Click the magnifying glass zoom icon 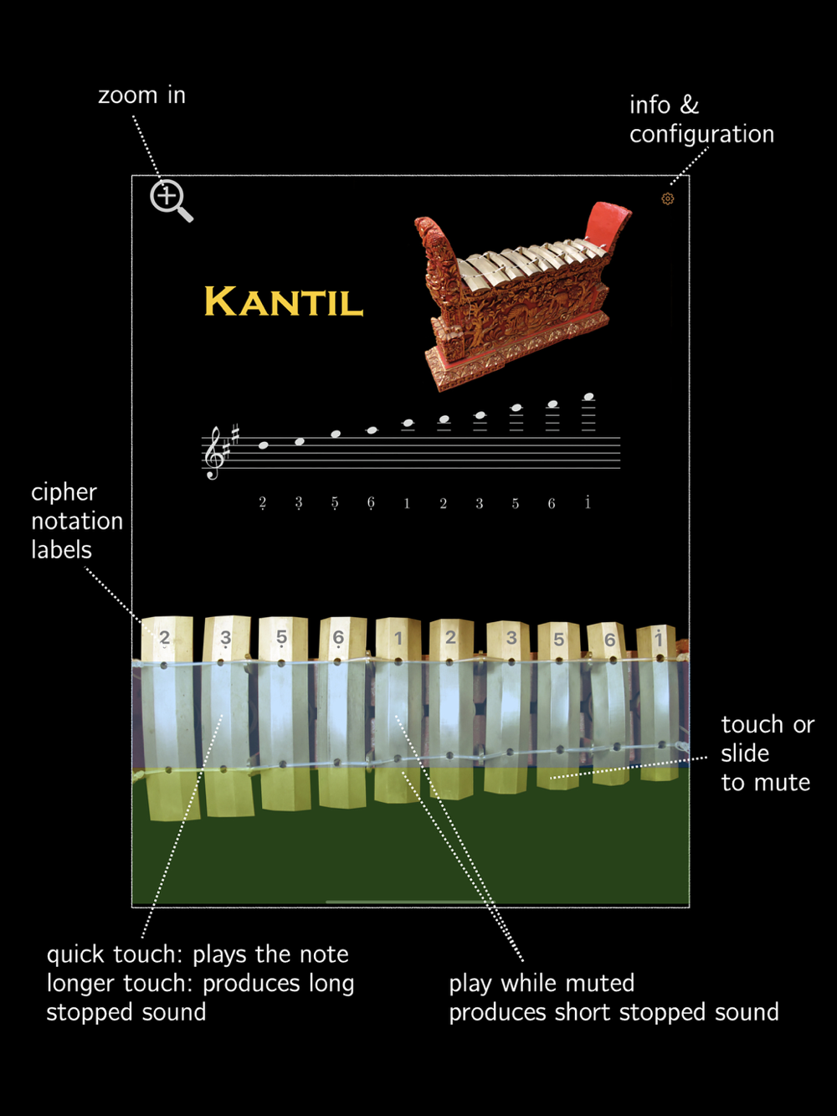(x=170, y=199)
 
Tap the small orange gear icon (x=668, y=198)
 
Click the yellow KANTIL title (x=284, y=302)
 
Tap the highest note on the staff (x=588, y=397)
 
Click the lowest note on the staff (x=264, y=445)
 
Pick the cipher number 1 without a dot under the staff (x=407, y=503)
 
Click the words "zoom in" (x=141, y=95)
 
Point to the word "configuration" (x=701, y=134)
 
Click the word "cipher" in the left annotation (x=64, y=492)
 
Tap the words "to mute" (x=765, y=783)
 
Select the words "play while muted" (x=542, y=983)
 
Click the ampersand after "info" (x=689, y=105)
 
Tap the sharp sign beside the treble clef (x=235, y=433)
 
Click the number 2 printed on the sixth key (x=450, y=638)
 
